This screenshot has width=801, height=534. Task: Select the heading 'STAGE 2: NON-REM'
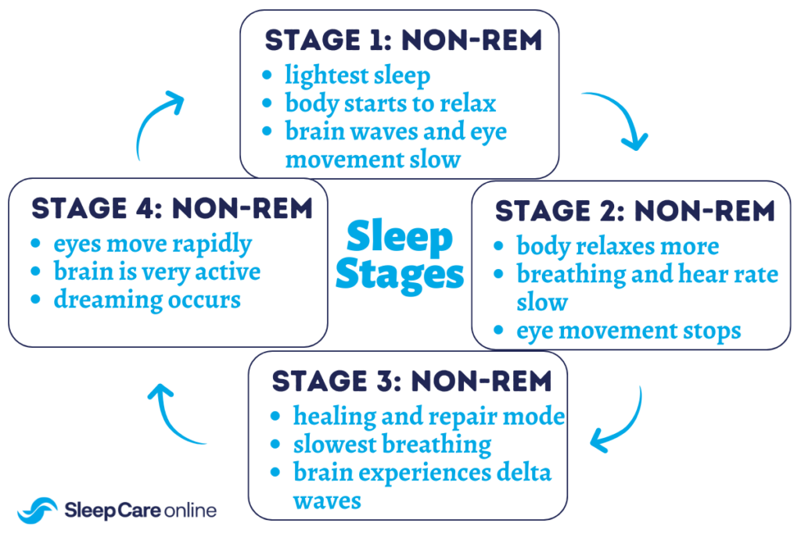coord(634,211)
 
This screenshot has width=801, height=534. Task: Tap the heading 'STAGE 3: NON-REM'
coord(411,381)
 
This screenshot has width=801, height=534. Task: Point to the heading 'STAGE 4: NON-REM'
coord(171,209)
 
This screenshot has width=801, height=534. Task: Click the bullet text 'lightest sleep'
coord(357,76)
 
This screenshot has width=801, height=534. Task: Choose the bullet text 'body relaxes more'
coord(617,246)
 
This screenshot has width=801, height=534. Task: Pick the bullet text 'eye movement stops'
coord(628,330)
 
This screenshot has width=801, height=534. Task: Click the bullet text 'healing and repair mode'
coord(429,416)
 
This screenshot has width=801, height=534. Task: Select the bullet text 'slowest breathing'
coord(392,444)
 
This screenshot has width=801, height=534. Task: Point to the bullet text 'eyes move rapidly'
coord(153,244)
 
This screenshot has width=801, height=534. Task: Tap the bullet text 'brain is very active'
coord(156,271)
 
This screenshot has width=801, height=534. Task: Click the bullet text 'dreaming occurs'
coord(147,299)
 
